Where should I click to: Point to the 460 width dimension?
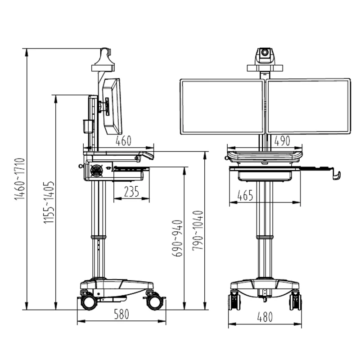tap(124, 141)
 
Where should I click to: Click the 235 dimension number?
tap(131, 192)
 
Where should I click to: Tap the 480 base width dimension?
tap(265, 317)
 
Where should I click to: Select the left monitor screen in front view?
tap(222, 106)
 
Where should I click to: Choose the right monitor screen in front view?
tap(309, 106)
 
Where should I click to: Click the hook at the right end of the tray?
tap(336, 175)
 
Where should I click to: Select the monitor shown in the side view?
tap(111, 106)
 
